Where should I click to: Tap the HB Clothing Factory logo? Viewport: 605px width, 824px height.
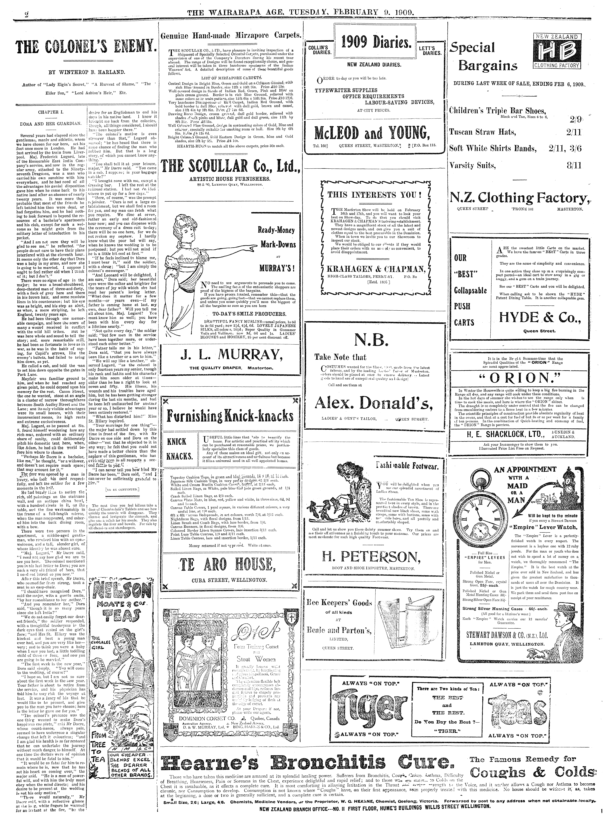click(557, 51)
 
